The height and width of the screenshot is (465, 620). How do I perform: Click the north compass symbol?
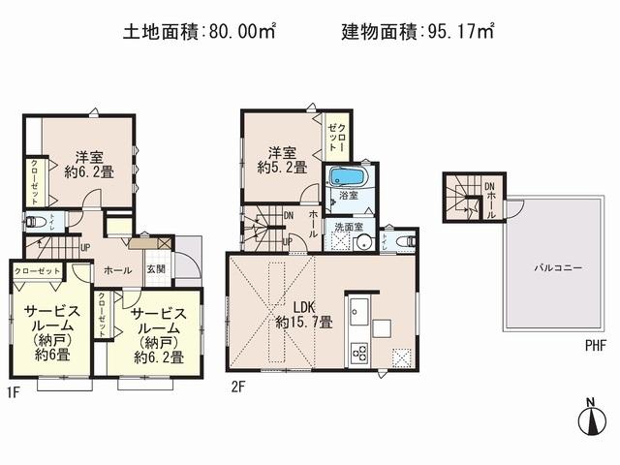590,418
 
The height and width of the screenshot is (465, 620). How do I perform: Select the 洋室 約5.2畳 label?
283,160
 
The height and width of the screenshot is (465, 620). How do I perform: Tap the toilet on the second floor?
406,239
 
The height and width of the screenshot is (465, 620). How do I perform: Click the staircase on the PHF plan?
459,199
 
